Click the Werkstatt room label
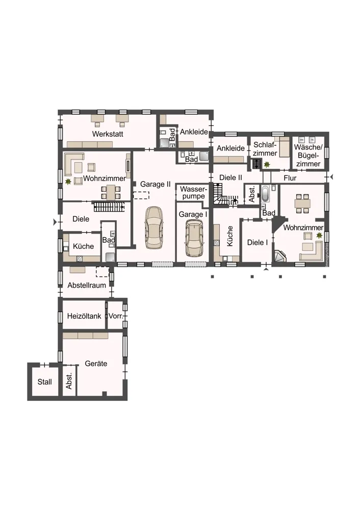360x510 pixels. pos(108,134)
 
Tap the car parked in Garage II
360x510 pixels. pos(154,227)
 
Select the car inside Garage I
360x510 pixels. pos(194,238)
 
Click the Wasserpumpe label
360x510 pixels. pos(193,193)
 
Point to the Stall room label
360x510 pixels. pos(44,381)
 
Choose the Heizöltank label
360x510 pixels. pos(84,316)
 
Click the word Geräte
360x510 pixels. pos(96,364)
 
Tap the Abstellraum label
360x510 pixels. pos(87,285)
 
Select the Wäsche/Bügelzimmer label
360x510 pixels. pos(308,156)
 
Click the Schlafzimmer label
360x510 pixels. pos(265,149)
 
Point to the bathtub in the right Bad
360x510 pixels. pos(265,194)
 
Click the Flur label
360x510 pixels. pos(290,178)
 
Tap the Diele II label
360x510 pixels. pos(230,177)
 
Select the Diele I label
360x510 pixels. pos(257,242)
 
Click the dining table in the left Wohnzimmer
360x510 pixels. pos(111,192)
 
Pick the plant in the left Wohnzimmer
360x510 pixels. pos(68,181)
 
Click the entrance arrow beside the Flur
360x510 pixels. pos(331,177)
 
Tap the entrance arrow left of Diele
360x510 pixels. pos(55,222)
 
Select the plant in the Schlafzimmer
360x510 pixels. pos(267,165)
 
